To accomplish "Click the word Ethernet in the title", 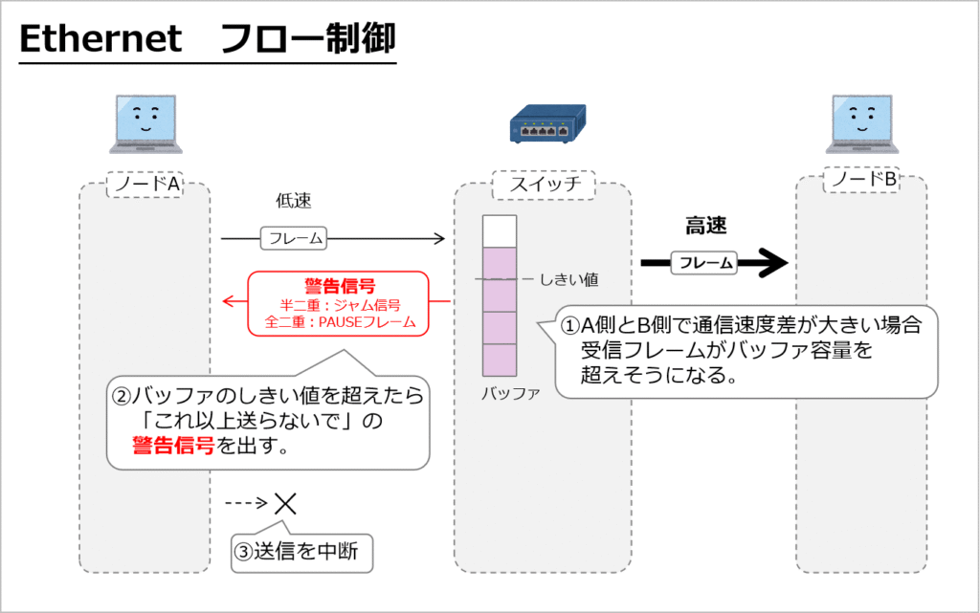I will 100,39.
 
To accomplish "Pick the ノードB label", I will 862,180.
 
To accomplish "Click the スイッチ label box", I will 543,185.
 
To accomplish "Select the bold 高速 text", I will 706,227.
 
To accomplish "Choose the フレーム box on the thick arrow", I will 705,262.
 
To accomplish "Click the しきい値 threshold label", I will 568,279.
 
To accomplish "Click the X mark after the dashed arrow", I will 285,502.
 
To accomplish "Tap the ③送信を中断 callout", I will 301,552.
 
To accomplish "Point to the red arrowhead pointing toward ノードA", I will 227,302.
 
